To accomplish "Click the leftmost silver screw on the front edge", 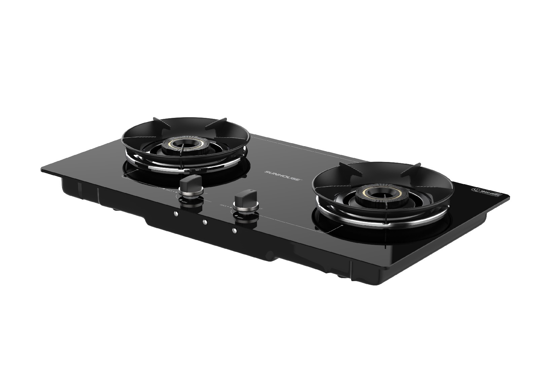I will coord(175,213).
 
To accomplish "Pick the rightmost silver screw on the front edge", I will coord(235,231).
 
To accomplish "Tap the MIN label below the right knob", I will coord(240,218).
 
